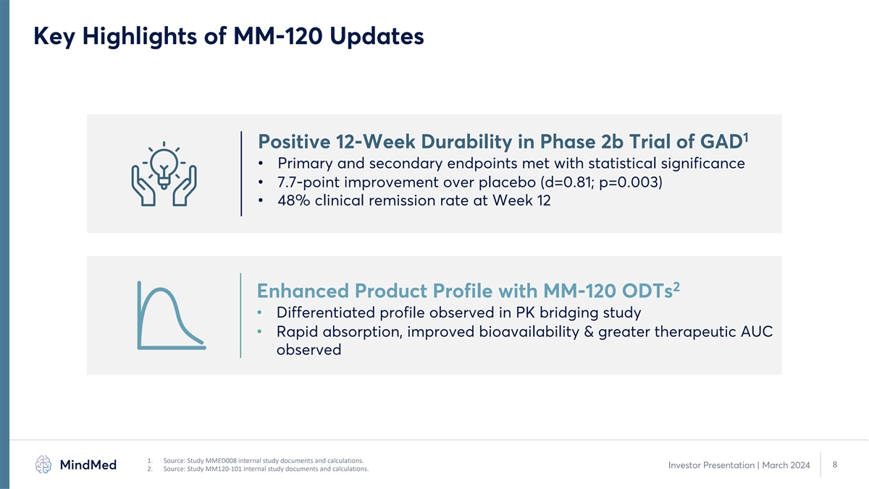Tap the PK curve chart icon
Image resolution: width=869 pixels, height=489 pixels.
click(172, 315)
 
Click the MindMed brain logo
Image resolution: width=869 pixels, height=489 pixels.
click(43, 464)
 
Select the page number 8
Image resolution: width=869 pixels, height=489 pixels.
click(835, 464)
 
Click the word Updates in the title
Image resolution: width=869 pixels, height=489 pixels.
click(377, 37)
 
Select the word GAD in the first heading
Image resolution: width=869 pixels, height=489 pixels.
click(721, 142)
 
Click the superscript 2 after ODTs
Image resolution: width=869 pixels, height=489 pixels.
click(676, 286)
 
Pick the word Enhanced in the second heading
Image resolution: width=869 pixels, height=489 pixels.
click(303, 291)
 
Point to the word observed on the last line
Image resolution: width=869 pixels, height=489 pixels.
click(308, 350)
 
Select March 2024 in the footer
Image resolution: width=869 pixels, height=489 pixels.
click(786, 465)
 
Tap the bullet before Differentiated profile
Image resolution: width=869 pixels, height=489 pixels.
click(259, 312)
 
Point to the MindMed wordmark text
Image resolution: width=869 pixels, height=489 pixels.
click(88, 464)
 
